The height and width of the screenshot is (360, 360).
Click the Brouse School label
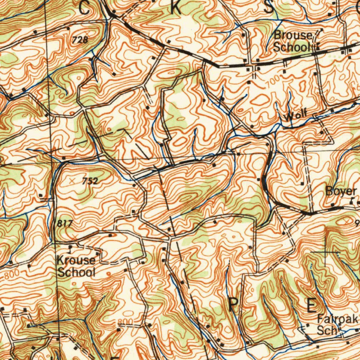click(x=293, y=41)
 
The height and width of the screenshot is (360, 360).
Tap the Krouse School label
click(x=76, y=266)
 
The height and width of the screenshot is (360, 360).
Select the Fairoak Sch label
click(x=337, y=324)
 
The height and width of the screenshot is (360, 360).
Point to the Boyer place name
click(x=341, y=191)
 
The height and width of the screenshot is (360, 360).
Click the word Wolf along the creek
click(x=296, y=116)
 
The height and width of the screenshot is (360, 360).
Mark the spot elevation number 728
click(x=80, y=40)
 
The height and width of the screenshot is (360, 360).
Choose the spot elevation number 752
click(x=90, y=181)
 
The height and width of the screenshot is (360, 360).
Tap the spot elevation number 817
click(x=64, y=224)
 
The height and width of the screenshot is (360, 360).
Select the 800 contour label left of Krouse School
click(x=10, y=276)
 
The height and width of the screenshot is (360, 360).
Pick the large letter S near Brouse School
click(x=269, y=8)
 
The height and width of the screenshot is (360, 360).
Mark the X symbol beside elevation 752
click(x=72, y=181)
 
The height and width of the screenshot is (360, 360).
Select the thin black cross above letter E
click(x=325, y=252)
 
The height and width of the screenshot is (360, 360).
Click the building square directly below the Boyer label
click(x=333, y=205)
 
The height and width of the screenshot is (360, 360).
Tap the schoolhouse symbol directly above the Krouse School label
click(x=71, y=250)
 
